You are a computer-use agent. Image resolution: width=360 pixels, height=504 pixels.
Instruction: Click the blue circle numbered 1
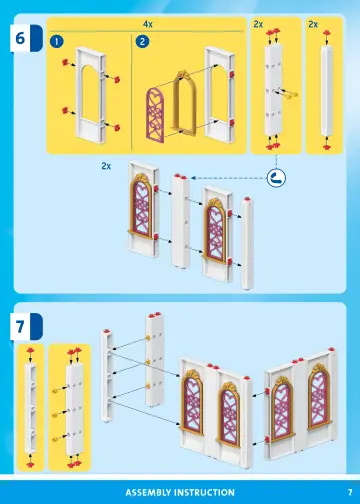tap(58, 41)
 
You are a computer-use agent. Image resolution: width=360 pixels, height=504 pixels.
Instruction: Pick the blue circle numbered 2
tap(142, 41)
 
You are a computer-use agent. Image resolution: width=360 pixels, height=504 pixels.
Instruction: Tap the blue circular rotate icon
tap(276, 177)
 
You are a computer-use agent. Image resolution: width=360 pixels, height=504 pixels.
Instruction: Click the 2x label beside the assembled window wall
tap(106, 167)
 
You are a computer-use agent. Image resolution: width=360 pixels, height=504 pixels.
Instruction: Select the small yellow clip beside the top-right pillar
tap(292, 94)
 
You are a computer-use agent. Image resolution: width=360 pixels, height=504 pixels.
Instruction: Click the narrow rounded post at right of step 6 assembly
tap(247, 240)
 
